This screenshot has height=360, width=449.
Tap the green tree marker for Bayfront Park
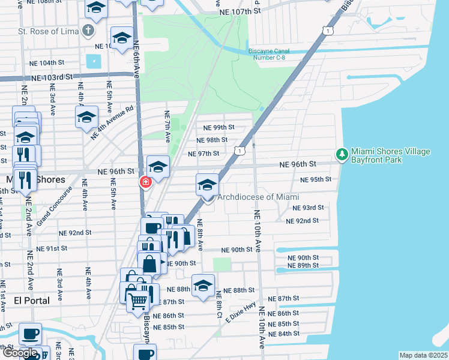pos(342,155)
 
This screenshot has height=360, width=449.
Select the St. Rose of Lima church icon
pos(88,31)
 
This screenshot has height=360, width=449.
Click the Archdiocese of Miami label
pos(258,197)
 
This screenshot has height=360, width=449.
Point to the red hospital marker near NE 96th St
pos(145,182)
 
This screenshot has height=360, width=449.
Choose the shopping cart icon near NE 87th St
pos(138,301)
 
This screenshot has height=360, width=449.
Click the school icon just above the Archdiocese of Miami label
pos(207,185)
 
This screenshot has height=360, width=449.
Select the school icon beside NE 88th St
pos(203,286)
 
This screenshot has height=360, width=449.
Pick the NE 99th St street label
pos(218,128)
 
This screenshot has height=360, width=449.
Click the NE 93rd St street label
pos(308,208)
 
